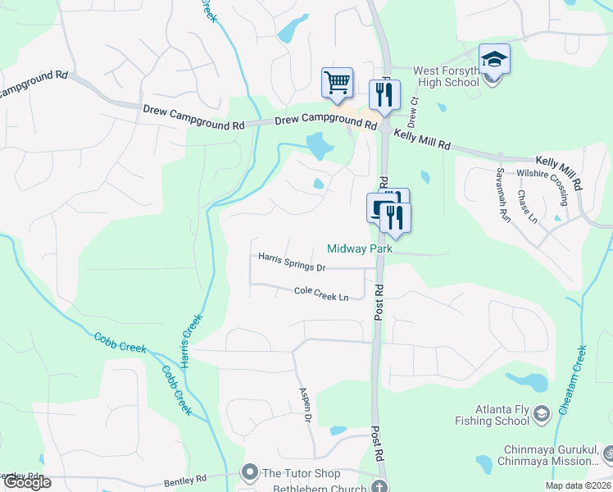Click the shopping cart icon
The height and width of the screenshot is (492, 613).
(x=337, y=82)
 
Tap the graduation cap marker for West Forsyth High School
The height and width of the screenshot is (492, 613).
(x=494, y=60)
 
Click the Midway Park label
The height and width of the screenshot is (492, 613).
(x=360, y=248)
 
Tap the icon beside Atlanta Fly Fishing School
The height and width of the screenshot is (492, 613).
(x=541, y=415)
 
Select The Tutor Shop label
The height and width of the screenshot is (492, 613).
(x=301, y=473)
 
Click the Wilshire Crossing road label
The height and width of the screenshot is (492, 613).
(x=543, y=174)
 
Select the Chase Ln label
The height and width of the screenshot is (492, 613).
(x=527, y=207)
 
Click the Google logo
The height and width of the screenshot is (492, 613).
(x=26, y=482)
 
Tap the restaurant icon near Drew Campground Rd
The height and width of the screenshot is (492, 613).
(x=384, y=95)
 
